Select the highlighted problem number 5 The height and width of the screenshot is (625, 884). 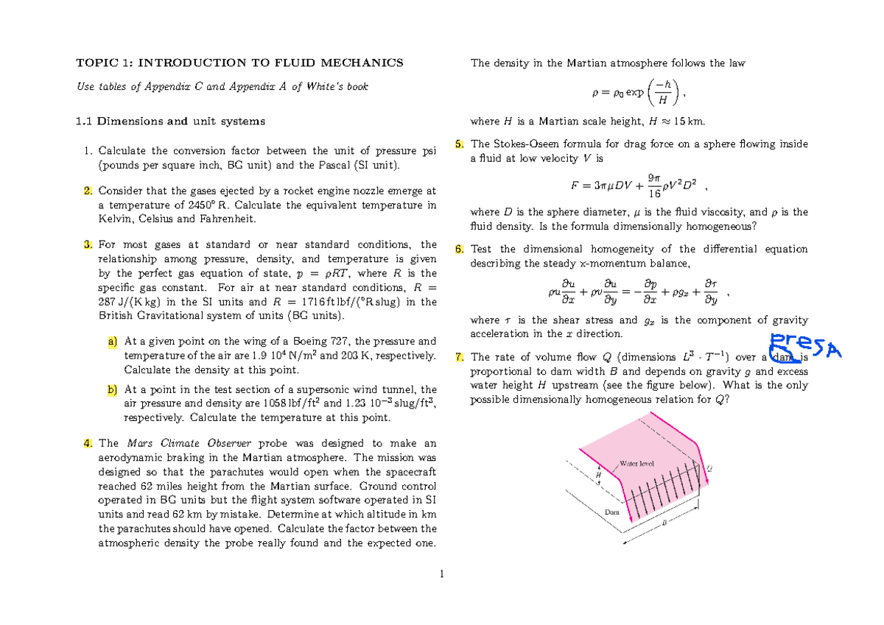(x=460, y=144)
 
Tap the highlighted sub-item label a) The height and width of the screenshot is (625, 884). (x=112, y=342)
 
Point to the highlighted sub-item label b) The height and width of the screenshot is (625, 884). (x=112, y=389)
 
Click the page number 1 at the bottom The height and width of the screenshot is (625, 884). (x=441, y=573)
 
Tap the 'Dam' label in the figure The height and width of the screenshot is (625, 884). (x=611, y=511)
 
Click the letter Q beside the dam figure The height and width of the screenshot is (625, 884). (x=709, y=468)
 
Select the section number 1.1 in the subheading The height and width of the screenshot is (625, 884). (x=87, y=121)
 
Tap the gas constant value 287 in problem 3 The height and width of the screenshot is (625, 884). (x=108, y=302)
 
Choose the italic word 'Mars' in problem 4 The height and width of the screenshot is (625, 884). (x=141, y=443)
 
